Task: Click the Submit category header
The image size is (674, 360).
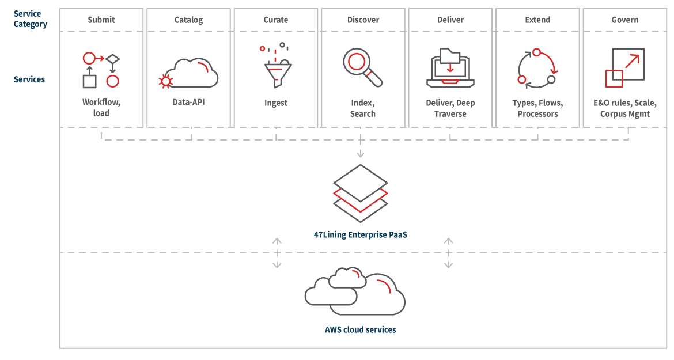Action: pyautogui.click(x=101, y=20)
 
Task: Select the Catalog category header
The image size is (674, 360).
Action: pyautogui.click(x=188, y=20)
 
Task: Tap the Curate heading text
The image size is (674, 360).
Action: pyautogui.click(x=276, y=20)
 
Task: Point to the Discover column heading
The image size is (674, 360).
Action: pyautogui.click(x=363, y=20)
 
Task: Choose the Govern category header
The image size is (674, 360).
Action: pyautogui.click(x=625, y=20)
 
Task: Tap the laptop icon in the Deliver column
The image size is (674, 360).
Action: pyautogui.click(x=450, y=68)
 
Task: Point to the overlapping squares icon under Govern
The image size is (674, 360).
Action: pyautogui.click(x=625, y=67)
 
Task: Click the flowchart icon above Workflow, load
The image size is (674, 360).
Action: pyautogui.click(x=101, y=70)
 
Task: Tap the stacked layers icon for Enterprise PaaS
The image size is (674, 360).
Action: pyautogui.click(x=361, y=194)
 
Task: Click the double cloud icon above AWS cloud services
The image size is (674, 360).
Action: pyautogui.click(x=355, y=291)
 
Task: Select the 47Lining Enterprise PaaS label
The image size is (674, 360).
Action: pyautogui.click(x=361, y=234)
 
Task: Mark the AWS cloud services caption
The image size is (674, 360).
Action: pyautogui.click(x=361, y=329)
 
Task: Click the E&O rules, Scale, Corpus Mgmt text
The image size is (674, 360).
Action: pyautogui.click(x=625, y=108)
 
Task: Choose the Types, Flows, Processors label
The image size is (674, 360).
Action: pyautogui.click(x=537, y=108)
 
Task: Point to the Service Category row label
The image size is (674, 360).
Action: pyautogui.click(x=31, y=19)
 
